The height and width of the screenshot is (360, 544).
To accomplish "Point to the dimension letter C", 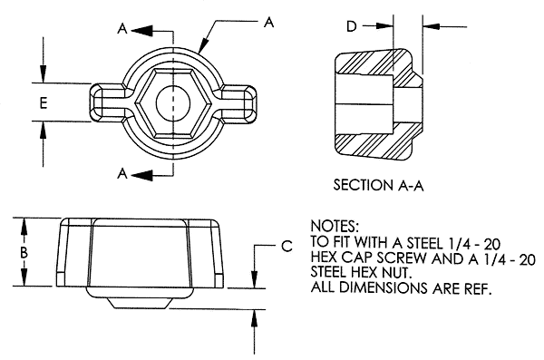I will click(x=287, y=245).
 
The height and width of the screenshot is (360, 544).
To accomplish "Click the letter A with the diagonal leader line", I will click(x=268, y=24).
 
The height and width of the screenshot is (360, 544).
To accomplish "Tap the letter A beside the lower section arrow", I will click(x=122, y=171).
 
